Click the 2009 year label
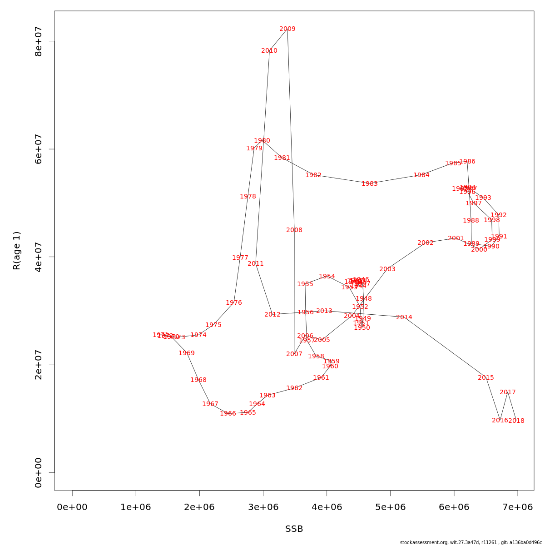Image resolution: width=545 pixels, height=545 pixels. (287, 29)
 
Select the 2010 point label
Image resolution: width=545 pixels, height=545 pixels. (269, 51)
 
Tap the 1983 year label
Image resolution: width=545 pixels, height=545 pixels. (370, 184)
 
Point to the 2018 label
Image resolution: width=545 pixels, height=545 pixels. (516, 421)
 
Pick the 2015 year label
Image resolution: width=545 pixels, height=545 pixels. (486, 378)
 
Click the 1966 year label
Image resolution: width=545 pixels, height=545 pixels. (228, 414)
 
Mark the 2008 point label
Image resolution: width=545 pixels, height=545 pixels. (294, 230)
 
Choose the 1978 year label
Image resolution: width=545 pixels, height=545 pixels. (248, 197)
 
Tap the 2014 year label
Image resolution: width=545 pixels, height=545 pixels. (404, 317)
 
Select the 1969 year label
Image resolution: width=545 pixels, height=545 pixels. (187, 353)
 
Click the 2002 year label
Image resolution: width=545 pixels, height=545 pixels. (426, 243)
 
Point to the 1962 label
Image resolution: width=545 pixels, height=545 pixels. (294, 388)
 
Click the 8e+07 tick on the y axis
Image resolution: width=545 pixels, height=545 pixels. (39, 41)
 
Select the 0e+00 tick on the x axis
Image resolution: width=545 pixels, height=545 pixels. (72, 507)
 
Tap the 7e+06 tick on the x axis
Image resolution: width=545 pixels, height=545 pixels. (518, 507)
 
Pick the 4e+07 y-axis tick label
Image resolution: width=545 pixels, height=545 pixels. (39, 257)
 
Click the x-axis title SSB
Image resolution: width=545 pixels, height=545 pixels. (294, 529)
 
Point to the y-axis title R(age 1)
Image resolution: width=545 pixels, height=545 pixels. (17, 251)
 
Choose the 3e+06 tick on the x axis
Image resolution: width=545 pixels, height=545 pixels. (263, 507)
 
